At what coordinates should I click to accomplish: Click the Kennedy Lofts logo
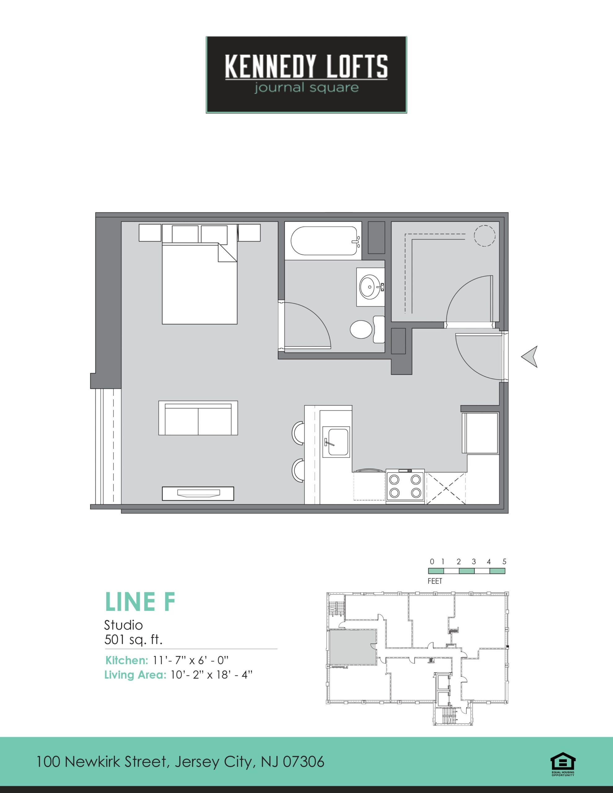[x=306, y=74]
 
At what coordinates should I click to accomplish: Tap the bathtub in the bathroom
[x=323, y=241]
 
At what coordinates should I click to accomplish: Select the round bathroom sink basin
[x=370, y=287]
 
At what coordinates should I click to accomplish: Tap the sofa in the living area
[x=198, y=418]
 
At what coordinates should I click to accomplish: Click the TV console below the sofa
[x=198, y=493]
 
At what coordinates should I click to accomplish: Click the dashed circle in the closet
[x=484, y=236]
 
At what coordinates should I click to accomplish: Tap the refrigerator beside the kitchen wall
[x=480, y=433]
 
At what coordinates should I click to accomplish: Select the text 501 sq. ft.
[x=133, y=639]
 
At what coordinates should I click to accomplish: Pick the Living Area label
[x=135, y=675]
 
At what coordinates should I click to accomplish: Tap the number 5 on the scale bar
[x=504, y=562]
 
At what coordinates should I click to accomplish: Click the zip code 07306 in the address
[x=303, y=761]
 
